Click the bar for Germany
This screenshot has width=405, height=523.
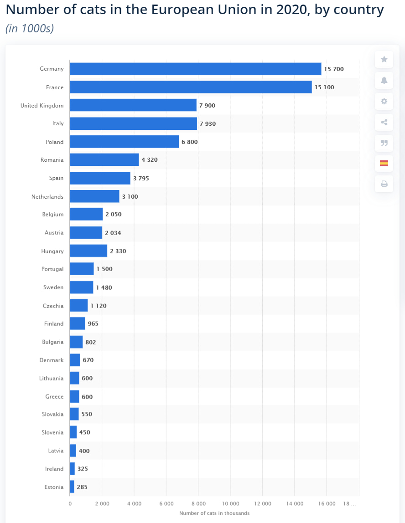click(195, 69)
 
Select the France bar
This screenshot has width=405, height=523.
click(191, 87)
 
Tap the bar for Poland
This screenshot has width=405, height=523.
click(124, 142)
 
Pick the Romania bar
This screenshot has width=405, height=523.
click(104, 160)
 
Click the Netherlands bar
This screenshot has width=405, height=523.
click(94, 196)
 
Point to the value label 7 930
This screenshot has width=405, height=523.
click(208, 123)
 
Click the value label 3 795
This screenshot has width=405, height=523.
click(141, 178)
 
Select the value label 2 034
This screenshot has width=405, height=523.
click(113, 233)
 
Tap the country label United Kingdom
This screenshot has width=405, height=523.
click(42, 105)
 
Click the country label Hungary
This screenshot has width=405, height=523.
click(52, 251)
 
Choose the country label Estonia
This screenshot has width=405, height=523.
click(54, 487)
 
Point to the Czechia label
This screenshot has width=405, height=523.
click(53, 306)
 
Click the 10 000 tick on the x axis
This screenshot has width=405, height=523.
click(230, 503)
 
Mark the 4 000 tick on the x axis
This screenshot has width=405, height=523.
click(134, 503)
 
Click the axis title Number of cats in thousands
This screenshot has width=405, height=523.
click(214, 513)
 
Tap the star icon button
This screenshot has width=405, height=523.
click(384, 59)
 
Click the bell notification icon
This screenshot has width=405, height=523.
click(384, 80)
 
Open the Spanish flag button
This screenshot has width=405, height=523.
click(384, 163)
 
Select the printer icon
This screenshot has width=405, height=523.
click(384, 184)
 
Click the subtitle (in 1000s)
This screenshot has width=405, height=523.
click(30, 28)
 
